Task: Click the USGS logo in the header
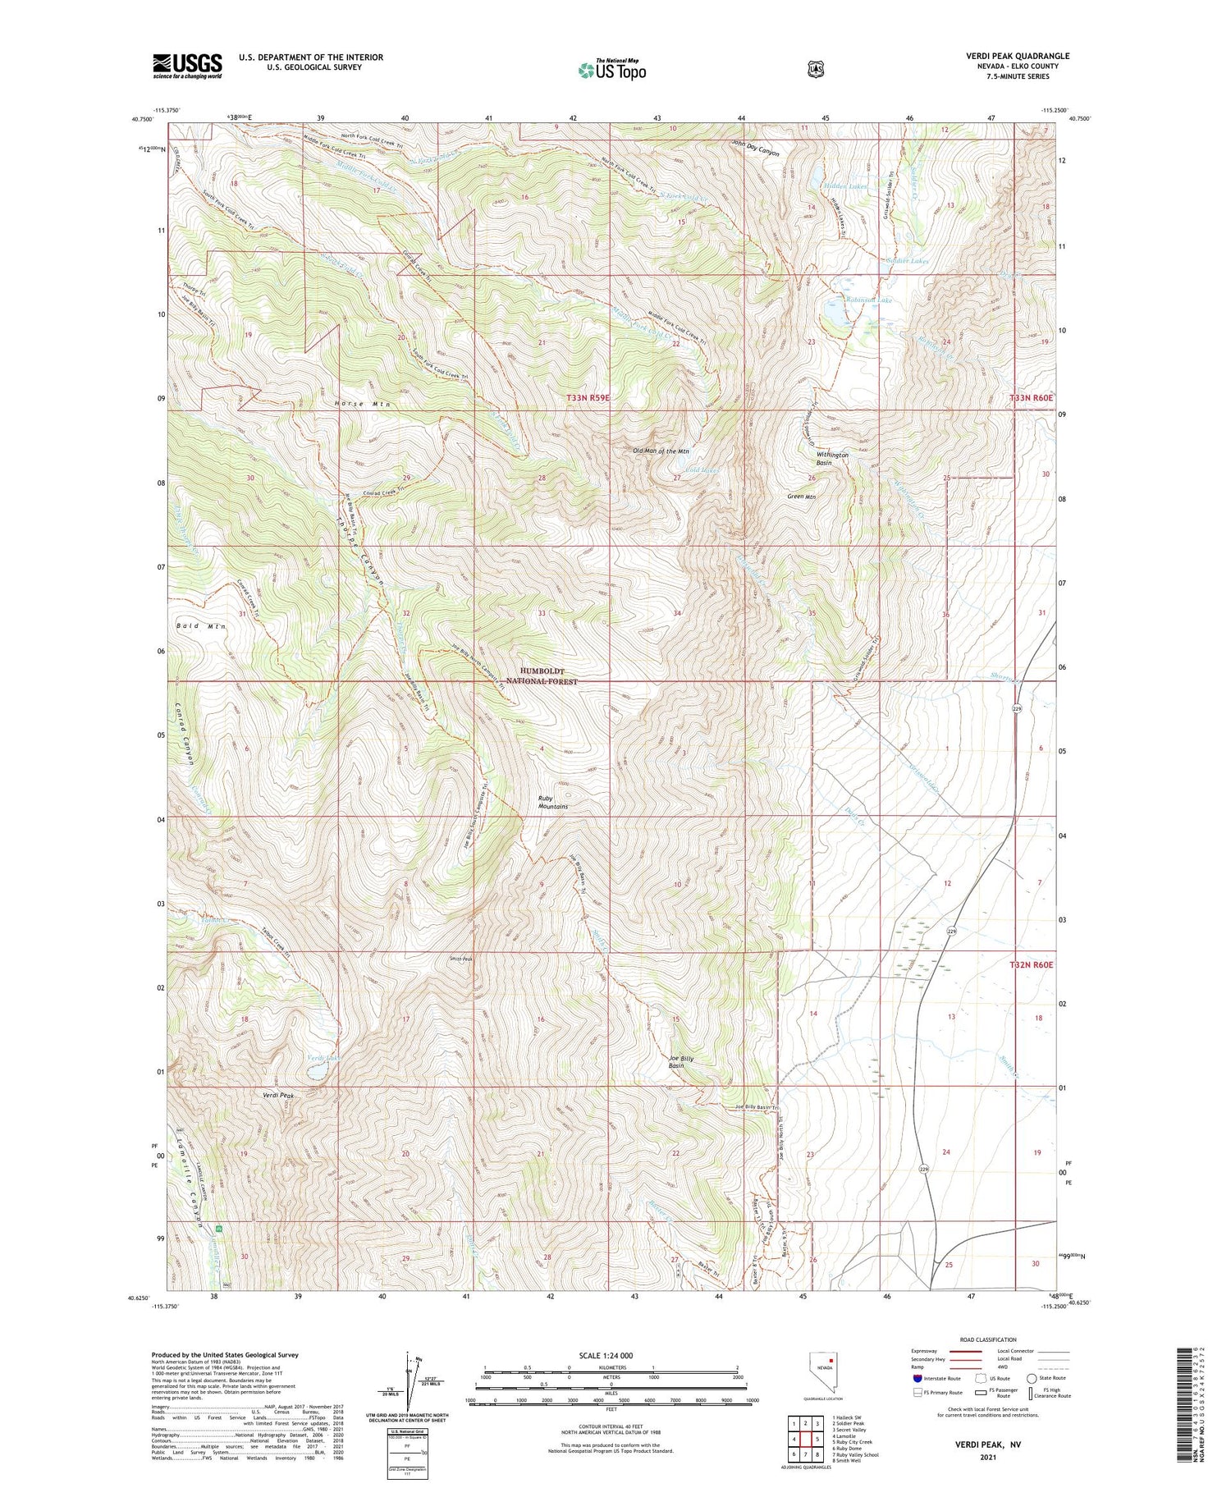187,65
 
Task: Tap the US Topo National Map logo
611,70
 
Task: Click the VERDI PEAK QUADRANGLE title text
1018,56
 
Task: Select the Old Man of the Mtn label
660,451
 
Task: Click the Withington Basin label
831,459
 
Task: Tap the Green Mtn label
800,496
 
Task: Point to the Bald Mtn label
200,626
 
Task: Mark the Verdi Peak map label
278,1096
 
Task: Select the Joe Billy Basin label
681,1062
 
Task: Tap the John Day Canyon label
755,152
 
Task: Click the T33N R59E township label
588,397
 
